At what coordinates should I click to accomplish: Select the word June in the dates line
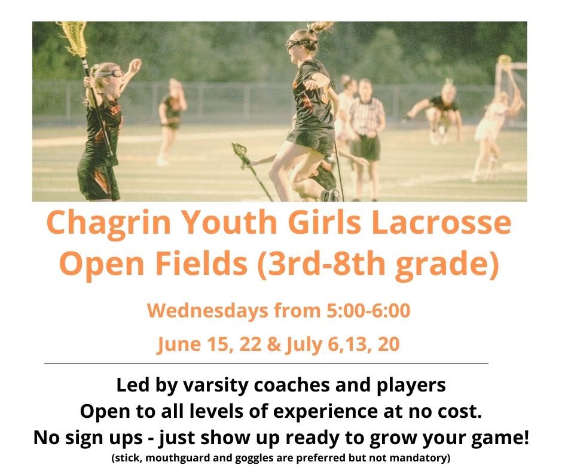(x=176, y=345)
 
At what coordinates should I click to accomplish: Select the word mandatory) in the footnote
(x=422, y=458)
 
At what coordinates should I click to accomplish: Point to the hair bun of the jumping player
(x=321, y=27)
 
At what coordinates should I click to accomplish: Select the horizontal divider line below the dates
(x=266, y=363)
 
